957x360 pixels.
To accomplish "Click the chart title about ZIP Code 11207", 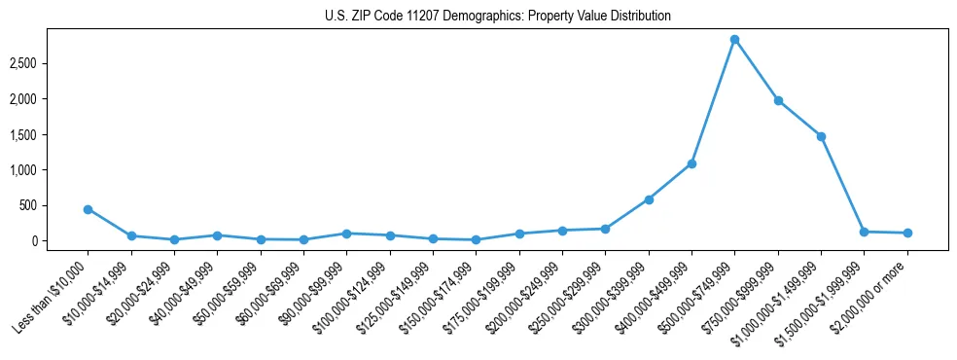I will coord(478,16).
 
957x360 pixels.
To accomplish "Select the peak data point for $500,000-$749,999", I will coord(734,40).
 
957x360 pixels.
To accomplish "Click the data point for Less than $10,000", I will coord(88,209).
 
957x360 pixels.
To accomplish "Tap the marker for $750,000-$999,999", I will coord(778,100).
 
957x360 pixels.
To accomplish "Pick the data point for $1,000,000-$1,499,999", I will coord(821,136).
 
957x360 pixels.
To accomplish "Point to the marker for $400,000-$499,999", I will coord(691,163).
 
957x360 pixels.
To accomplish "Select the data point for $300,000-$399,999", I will coord(649,199).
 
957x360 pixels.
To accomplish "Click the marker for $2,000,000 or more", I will coord(907,233).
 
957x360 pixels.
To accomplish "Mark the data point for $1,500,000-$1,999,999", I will coord(864,232).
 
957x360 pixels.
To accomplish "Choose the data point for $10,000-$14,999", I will coord(130,235).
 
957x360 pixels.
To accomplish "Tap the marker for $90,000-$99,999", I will coord(346,234).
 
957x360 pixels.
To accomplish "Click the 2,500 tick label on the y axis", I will coord(50,63).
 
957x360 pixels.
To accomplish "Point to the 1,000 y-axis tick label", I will coord(50,170).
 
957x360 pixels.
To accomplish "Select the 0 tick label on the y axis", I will coord(60,241).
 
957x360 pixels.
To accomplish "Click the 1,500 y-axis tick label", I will coord(50,134).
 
